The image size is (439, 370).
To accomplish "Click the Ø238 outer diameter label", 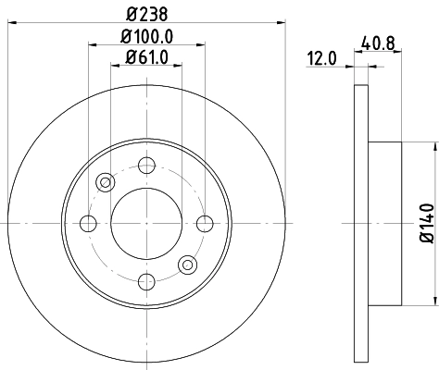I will (146, 12).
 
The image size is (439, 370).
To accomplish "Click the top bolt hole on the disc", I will (145, 166).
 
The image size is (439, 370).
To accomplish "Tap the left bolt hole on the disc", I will (89, 223).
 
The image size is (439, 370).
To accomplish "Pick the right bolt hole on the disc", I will (203, 223).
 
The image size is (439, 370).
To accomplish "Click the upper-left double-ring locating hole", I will (105, 182).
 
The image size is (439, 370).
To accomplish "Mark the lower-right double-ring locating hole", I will (187, 265).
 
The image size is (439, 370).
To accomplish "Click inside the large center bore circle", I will (145, 223).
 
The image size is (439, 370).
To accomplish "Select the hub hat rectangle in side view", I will (384, 223).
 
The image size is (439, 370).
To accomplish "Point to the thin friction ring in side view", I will (361, 223).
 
